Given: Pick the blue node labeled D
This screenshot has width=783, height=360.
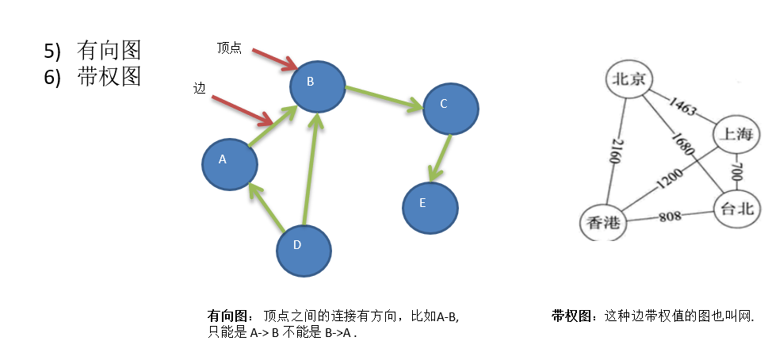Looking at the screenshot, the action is pyautogui.click(x=304, y=251).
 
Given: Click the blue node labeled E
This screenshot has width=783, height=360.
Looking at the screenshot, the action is pyautogui.click(x=430, y=208).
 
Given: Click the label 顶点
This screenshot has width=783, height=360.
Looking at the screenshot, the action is pyautogui.click(x=229, y=48).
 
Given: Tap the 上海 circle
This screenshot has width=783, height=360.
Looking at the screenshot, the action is pyautogui.click(x=735, y=136).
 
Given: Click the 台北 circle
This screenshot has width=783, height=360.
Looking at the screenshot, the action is pyautogui.click(x=736, y=209).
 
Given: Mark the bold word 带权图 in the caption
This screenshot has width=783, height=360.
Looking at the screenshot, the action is pyautogui.click(x=571, y=316).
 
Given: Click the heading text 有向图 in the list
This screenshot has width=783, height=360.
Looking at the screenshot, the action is pyautogui.click(x=109, y=51).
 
